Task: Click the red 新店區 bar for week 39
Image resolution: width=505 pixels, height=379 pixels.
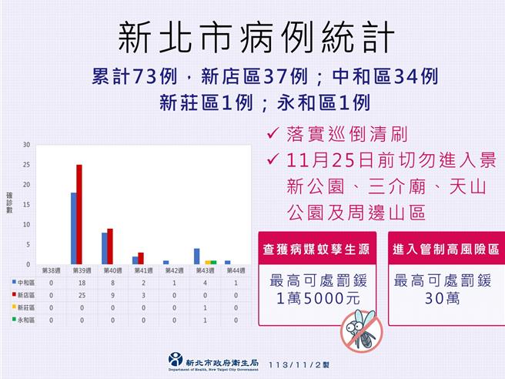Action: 79,214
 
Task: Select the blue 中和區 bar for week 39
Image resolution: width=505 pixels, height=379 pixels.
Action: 73,228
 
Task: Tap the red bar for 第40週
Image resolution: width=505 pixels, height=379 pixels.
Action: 110,246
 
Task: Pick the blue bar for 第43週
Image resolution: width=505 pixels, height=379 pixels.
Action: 196,256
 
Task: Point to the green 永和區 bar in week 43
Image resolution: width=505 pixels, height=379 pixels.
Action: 213,262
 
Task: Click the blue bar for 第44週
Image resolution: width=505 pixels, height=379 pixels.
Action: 227,262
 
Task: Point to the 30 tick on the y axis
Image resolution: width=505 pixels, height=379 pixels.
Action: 27,145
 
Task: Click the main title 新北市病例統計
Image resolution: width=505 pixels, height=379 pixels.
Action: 252,35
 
